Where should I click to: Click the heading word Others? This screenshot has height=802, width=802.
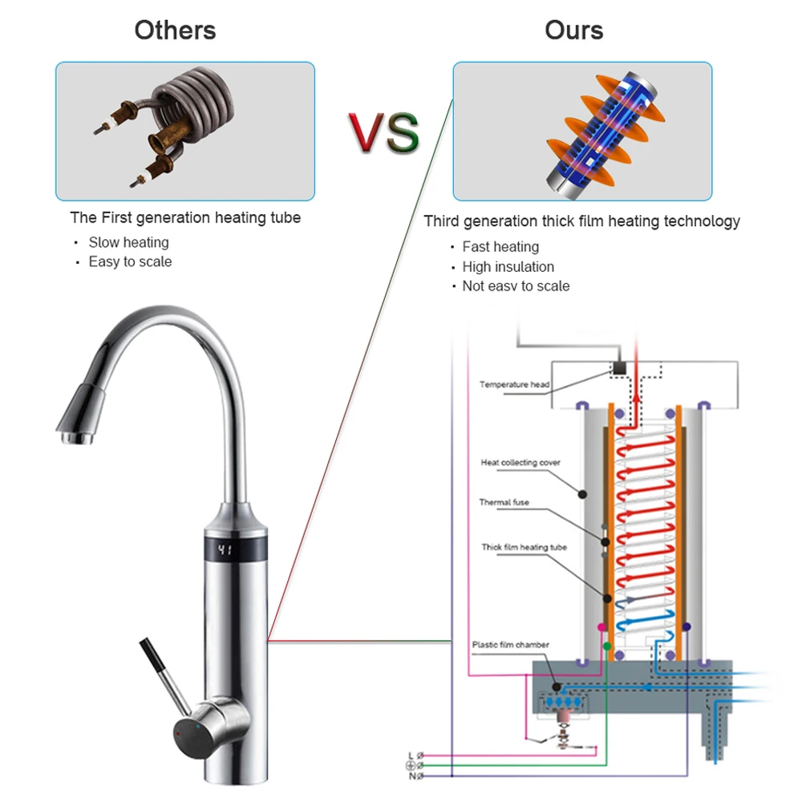pyautogui.click(x=175, y=30)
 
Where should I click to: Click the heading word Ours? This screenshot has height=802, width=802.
pyautogui.click(x=573, y=30)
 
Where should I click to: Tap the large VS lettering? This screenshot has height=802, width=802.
pyautogui.click(x=383, y=132)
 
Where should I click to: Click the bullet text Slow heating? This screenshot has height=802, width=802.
pyautogui.click(x=128, y=242)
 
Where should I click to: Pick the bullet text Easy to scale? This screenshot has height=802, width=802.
pyautogui.click(x=130, y=261)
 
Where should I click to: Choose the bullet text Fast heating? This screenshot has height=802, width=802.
pyautogui.click(x=500, y=247)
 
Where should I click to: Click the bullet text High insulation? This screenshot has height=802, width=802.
pyautogui.click(x=508, y=266)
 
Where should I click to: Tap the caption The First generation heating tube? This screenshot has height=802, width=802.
pyautogui.click(x=185, y=217)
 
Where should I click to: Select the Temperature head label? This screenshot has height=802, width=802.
pyautogui.click(x=514, y=384)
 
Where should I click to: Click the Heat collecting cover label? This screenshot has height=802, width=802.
pyautogui.click(x=520, y=463)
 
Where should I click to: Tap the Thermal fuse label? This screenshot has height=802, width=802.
pyautogui.click(x=504, y=503)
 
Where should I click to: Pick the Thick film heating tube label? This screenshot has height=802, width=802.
pyautogui.click(x=524, y=547)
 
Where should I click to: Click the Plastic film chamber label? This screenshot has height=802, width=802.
pyautogui.click(x=510, y=644)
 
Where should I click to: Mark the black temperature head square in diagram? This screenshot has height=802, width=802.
pyautogui.click(x=619, y=368)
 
